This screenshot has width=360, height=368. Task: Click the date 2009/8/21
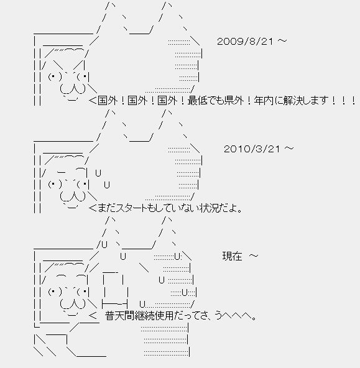[x=245, y=42]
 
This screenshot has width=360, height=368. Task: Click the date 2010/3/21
[x=252, y=149]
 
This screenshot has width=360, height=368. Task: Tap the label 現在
[x=232, y=256]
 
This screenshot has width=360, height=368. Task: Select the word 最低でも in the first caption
[x=206, y=101]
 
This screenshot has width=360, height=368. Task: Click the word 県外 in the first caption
[x=234, y=101]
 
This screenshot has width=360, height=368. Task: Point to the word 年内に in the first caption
[x=268, y=101]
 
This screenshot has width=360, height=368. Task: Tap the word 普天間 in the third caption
[x=119, y=316]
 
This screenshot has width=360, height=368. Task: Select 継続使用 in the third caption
[x=154, y=316]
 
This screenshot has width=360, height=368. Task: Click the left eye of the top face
[x=55, y=77]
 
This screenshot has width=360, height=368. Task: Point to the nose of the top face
[x=73, y=89]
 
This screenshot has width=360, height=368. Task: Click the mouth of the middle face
[x=71, y=206]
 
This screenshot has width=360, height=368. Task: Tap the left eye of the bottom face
[x=55, y=292]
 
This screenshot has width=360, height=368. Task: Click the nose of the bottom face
[x=73, y=304]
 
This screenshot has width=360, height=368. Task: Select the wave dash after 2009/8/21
[x=282, y=41]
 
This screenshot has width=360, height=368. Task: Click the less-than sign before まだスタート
[x=93, y=208]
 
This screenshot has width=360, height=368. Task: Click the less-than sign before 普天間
[x=93, y=316]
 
